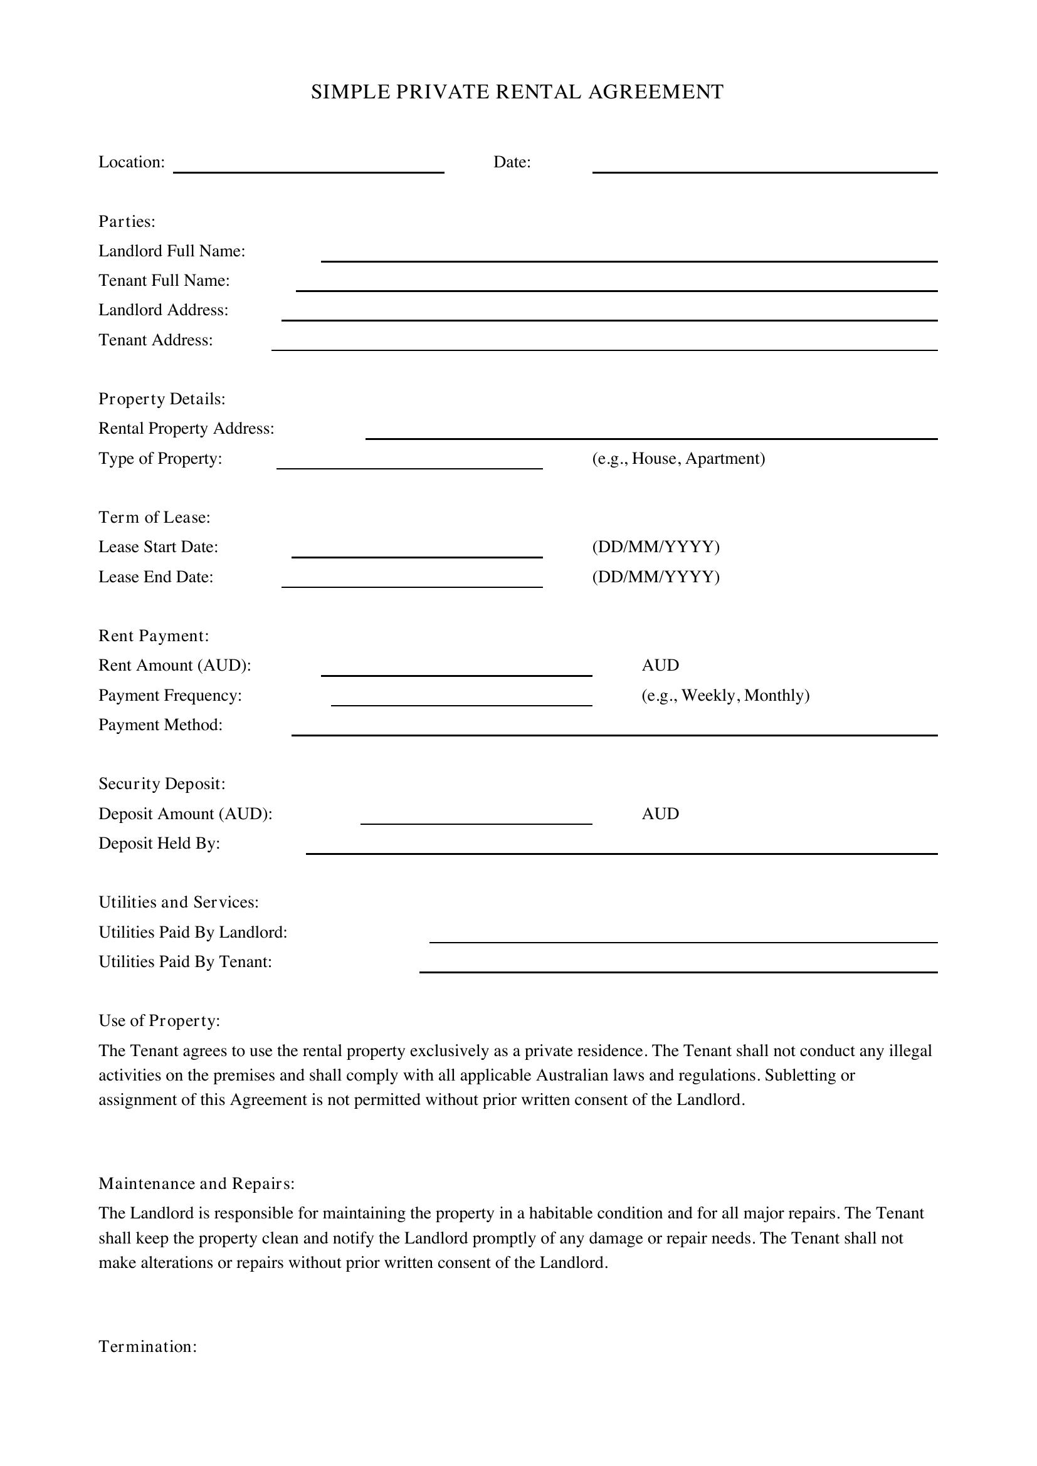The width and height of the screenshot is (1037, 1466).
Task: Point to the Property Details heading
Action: [162, 399]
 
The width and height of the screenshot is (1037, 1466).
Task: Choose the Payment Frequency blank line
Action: [461, 702]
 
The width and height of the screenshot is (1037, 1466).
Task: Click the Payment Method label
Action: [161, 725]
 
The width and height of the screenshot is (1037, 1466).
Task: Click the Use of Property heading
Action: [159, 1021]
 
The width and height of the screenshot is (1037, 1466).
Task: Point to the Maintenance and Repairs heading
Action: [196, 1184]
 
